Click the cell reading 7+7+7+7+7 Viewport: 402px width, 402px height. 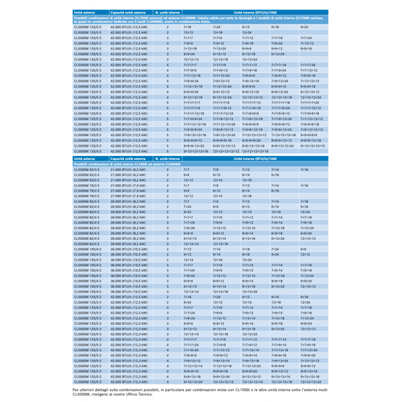[192, 103]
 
